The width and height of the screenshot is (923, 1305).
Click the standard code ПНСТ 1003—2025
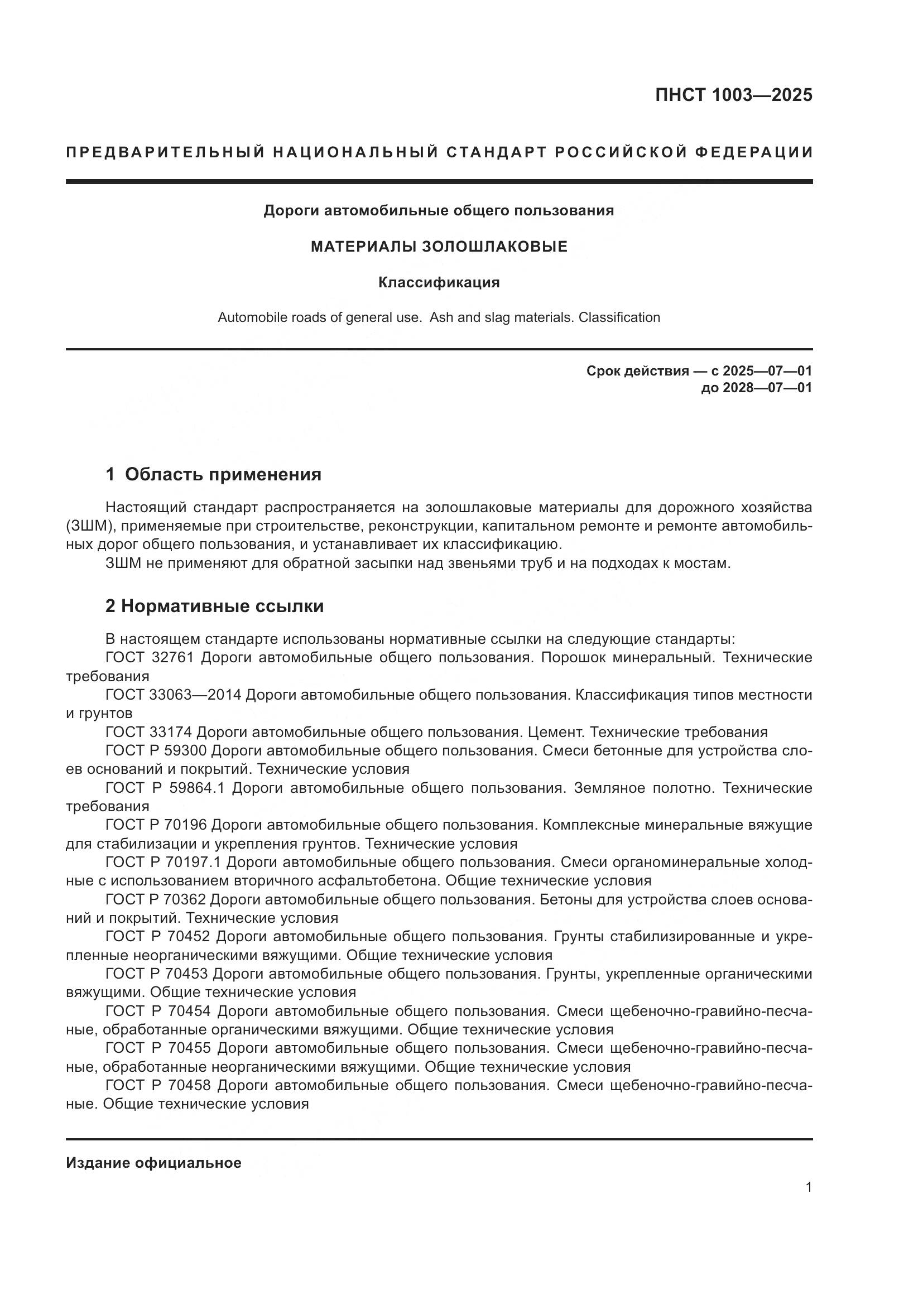[x=733, y=95]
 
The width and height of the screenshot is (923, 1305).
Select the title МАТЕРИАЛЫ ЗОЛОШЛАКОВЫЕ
[x=439, y=247]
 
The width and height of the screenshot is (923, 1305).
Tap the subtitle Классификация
[x=439, y=282]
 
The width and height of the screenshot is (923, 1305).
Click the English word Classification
[x=619, y=317]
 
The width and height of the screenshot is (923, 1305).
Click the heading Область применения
[x=223, y=475]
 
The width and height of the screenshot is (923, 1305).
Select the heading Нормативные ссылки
[x=222, y=606]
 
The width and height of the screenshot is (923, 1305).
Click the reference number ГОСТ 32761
[x=150, y=658]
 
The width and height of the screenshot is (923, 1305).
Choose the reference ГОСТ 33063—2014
[x=174, y=695]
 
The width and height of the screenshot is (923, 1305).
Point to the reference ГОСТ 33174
[x=150, y=732]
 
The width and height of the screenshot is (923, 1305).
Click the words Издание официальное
[x=153, y=1163]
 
